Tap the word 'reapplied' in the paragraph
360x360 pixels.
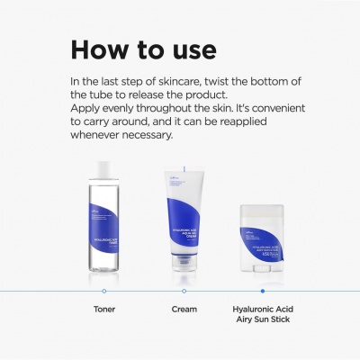click(x=253, y=127)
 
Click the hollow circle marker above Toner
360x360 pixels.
click(x=104, y=291)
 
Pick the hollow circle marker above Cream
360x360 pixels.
click(x=184, y=291)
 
